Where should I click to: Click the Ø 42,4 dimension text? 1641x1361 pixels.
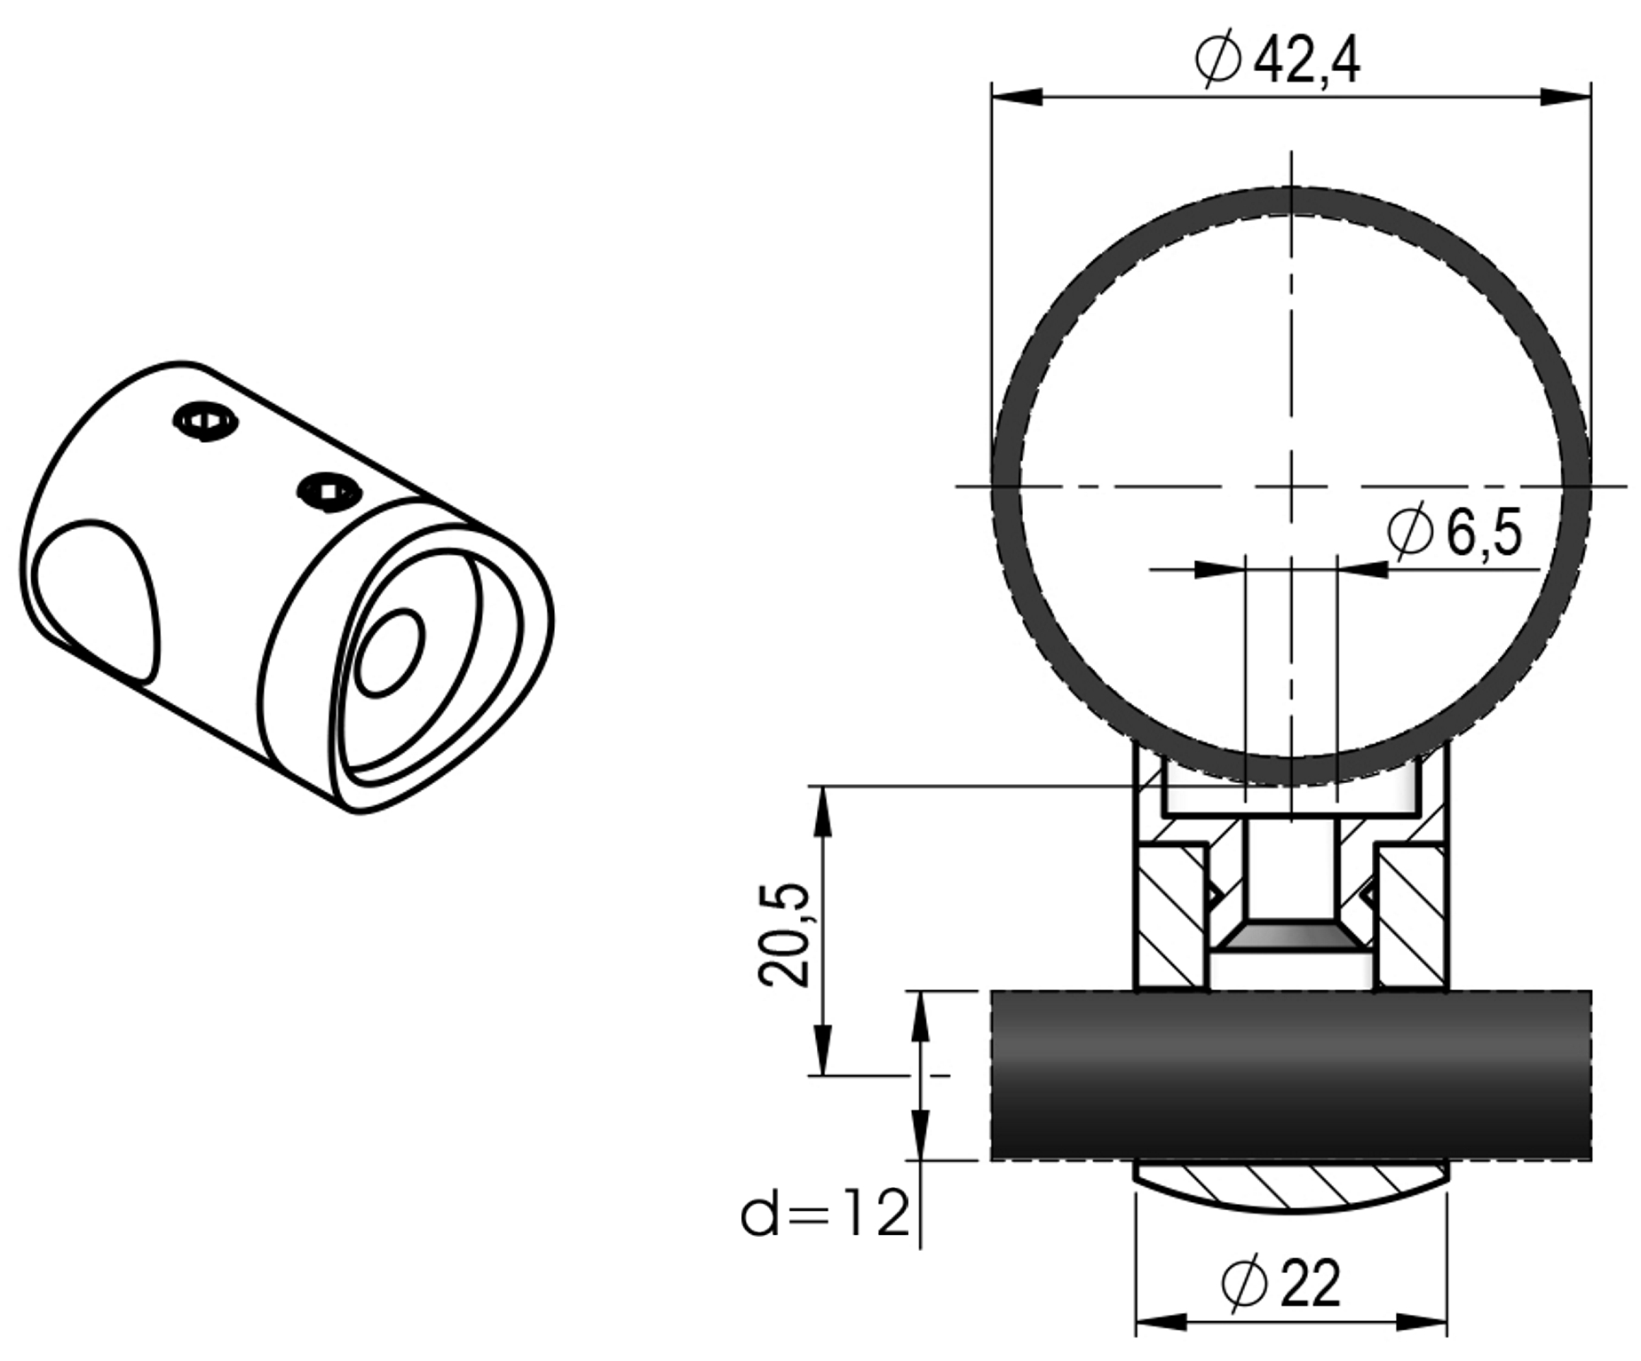point(1277,61)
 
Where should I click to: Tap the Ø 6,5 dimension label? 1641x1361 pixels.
point(1454,532)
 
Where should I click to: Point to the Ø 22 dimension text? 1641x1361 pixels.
point(1281,1283)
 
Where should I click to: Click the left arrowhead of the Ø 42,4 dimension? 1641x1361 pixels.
point(1017,97)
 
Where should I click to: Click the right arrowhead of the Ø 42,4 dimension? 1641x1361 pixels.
point(1565,97)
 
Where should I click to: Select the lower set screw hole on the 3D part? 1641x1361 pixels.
point(329,491)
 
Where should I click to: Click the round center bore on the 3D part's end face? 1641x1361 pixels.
point(390,653)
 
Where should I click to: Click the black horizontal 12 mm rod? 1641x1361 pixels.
point(1290,1075)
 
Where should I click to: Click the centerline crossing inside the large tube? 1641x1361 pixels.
point(1290,486)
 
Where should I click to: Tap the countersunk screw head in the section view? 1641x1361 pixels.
point(1290,936)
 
